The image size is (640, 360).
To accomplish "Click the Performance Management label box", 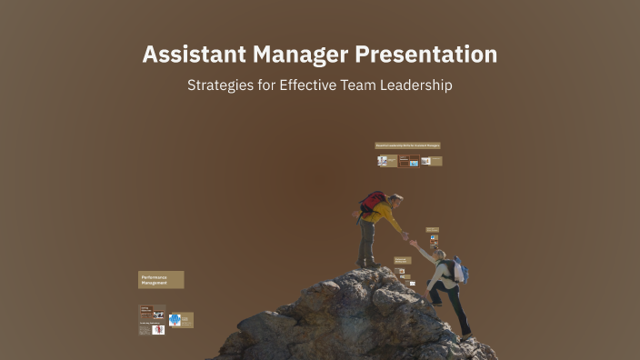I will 161,279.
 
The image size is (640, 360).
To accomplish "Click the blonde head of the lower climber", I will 441,255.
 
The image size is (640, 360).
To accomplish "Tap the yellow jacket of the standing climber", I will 385,217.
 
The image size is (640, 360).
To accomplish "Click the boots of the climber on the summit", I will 366,264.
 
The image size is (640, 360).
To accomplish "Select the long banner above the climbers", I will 407,145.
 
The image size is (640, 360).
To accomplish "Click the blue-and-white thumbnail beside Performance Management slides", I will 175,320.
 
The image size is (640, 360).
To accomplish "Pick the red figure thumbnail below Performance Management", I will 158,329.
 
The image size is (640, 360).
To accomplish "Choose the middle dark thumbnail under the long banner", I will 408,161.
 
